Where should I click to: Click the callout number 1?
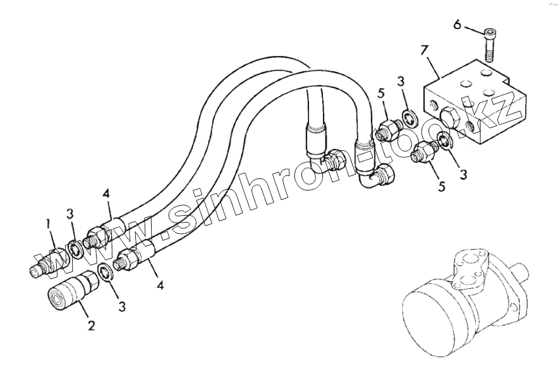(x=47, y=223)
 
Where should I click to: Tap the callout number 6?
(x=458, y=25)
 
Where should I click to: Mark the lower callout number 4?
(x=161, y=285)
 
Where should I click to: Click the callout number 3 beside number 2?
(x=122, y=306)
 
